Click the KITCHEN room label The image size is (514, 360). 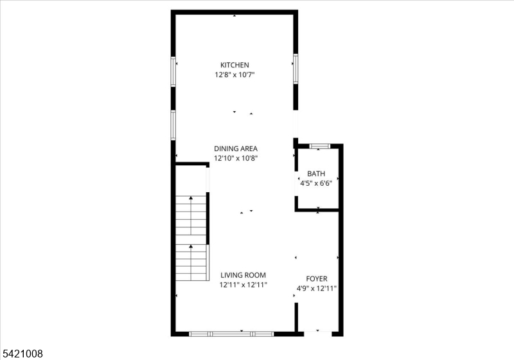click(235, 65)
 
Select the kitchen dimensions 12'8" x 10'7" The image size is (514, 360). click(235, 75)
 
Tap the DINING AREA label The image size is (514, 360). click(236, 148)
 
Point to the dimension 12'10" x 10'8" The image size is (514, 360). click(236, 158)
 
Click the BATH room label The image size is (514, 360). click(316, 174)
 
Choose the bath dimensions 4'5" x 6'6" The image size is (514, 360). click(316, 183)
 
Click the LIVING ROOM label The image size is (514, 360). click(243, 275)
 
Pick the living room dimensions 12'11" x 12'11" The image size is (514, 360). click(243, 285)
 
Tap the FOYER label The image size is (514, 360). click(317, 279)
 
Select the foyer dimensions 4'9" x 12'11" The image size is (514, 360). click(317, 289)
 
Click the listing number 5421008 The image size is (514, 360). click(23, 354)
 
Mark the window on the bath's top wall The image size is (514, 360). click(320, 146)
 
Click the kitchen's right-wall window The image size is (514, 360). click(296, 69)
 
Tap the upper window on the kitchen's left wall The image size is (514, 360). click(173, 72)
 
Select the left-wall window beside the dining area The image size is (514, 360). click(173, 125)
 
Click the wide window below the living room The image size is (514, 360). click(231, 334)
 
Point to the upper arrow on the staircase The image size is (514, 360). click(191, 215)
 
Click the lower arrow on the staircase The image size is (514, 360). click(191, 262)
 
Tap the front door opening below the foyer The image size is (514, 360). click(318, 334)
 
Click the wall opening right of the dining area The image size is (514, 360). click(296, 124)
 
